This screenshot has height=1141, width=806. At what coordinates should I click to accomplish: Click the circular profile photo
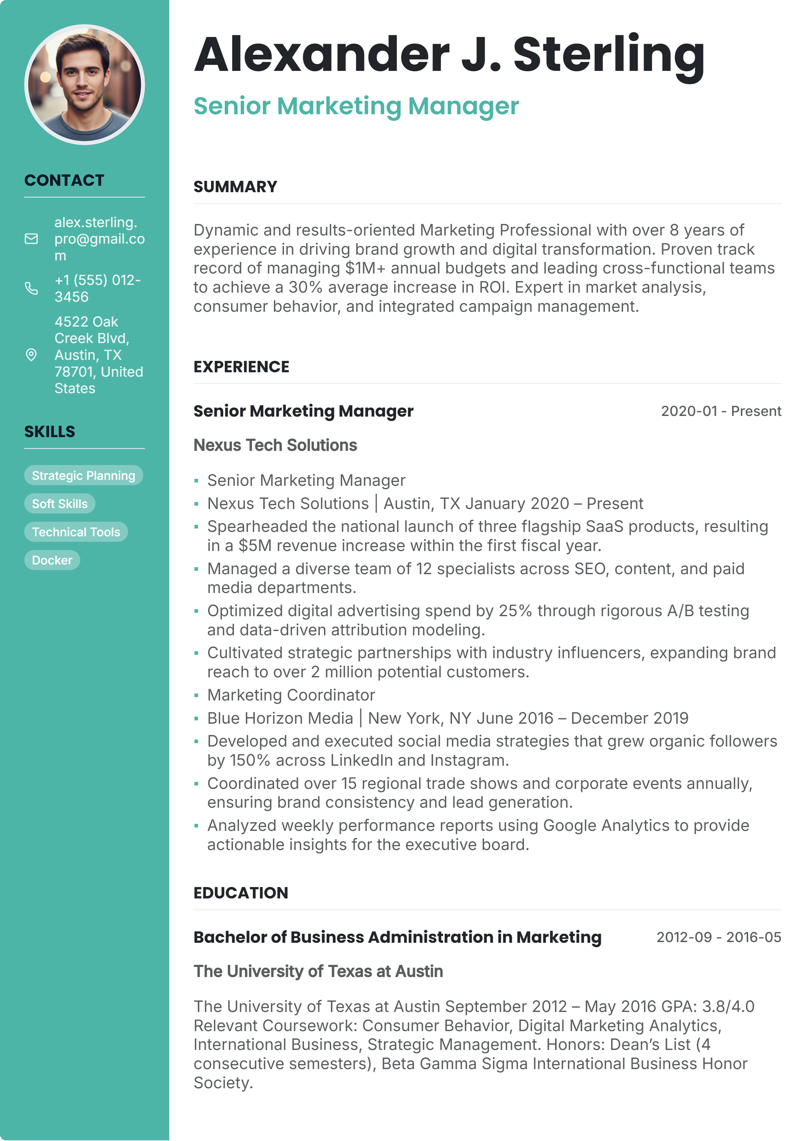click(x=84, y=84)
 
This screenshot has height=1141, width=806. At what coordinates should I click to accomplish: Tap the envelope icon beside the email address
click(x=31, y=239)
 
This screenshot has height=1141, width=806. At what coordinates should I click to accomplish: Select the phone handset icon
click(x=31, y=288)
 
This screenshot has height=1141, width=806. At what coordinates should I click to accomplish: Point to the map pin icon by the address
click(x=31, y=355)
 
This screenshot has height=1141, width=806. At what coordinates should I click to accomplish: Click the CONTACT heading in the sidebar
click(x=64, y=180)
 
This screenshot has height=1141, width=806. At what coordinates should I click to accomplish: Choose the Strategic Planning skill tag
click(x=83, y=475)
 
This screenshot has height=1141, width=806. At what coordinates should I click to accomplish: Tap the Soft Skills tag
click(x=59, y=504)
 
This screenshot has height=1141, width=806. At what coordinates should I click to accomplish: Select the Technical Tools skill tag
click(x=76, y=532)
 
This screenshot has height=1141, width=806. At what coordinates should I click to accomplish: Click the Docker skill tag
click(x=52, y=560)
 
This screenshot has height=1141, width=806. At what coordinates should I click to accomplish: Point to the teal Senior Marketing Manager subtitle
click(x=356, y=107)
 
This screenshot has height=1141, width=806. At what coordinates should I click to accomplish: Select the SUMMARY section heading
click(x=235, y=187)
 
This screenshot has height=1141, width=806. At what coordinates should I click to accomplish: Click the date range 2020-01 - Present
click(x=721, y=412)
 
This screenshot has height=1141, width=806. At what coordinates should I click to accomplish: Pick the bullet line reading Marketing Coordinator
click(x=291, y=695)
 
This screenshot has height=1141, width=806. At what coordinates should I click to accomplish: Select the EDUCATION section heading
click(x=241, y=893)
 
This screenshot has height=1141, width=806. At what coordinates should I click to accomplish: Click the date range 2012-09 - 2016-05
click(x=719, y=937)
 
